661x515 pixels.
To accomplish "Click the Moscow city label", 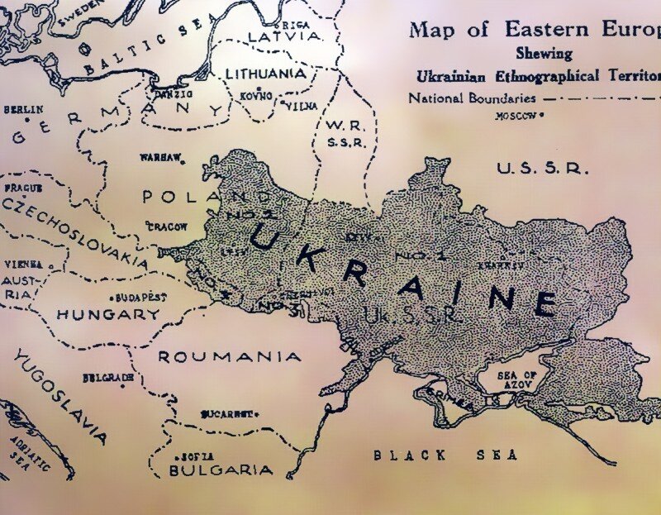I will (516, 116).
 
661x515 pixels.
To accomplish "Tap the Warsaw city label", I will (160, 156).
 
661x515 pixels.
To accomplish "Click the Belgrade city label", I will (107, 378).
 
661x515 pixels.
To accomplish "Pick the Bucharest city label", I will (226, 413).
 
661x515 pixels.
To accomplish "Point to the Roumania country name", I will (230, 356).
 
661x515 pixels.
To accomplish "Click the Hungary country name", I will (108, 314).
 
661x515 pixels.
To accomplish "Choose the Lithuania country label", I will (265, 74).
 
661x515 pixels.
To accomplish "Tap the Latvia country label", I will (283, 37).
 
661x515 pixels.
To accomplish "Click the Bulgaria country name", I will (221, 470).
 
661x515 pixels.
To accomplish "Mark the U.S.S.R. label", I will (543, 169).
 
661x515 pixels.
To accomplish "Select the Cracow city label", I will (167, 226).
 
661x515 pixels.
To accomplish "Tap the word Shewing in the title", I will (544, 54).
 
